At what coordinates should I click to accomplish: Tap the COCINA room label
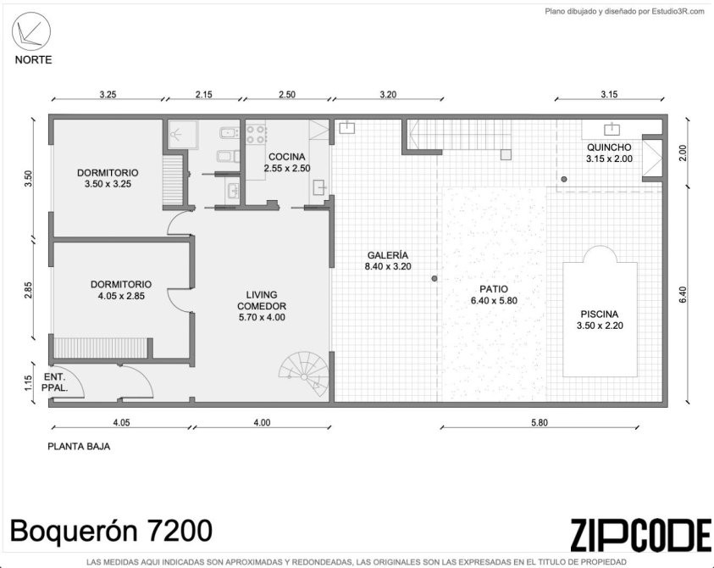point(287,156)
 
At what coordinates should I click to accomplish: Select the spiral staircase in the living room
point(304,376)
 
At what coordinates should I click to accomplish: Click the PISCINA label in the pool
point(600,314)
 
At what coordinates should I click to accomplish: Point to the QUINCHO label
point(609,148)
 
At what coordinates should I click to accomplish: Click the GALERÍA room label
point(388,255)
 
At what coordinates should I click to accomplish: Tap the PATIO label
point(494,289)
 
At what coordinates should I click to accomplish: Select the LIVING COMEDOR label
point(262,300)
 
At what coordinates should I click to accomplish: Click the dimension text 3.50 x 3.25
point(108,184)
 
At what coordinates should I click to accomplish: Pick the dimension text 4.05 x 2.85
point(121,296)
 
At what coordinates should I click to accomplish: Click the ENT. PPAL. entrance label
point(55,383)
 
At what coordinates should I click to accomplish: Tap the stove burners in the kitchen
point(257,134)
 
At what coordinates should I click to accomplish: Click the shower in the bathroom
point(183,134)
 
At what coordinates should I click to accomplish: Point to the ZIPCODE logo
point(640,534)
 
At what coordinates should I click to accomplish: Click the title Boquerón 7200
point(111,531)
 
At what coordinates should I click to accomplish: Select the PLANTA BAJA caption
point(79,446)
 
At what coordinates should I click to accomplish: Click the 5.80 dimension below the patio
point(540,422)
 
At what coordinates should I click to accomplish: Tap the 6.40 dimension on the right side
point(682,294)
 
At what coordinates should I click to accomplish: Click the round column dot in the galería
point(434,278)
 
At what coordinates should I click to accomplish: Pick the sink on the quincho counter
point(612,129)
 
